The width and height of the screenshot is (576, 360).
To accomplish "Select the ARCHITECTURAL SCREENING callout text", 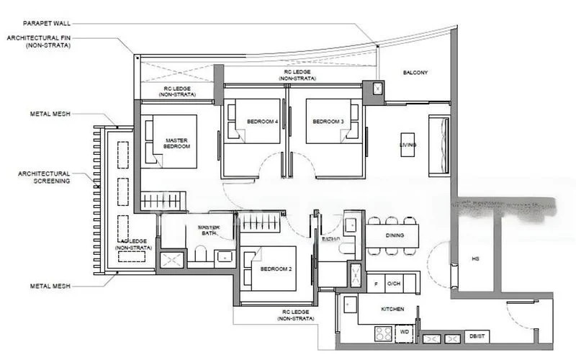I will [x=45, y=177].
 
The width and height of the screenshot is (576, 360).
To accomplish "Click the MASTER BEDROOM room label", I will [x=177, y=143].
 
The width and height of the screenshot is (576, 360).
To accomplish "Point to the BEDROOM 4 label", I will [x=262, y=121].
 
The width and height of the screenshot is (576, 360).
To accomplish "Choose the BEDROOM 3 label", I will [x=328, y=121].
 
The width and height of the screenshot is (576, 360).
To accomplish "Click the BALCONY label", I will [x=415, y=73].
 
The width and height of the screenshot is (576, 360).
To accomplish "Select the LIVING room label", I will [x=408, y=145].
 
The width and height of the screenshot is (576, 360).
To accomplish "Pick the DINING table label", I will [x=393, y=235].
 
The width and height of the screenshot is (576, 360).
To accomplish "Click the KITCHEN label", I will [x=393, y=309].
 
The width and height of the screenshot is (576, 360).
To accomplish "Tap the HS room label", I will [x=475, y=258].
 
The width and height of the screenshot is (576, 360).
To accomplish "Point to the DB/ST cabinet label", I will [x=476, y=337].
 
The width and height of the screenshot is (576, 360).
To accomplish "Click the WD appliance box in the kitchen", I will [x=404, y=333].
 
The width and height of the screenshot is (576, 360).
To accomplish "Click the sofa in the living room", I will [x=438, y=145].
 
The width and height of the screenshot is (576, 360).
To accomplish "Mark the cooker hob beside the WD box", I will [x=383, y=333].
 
